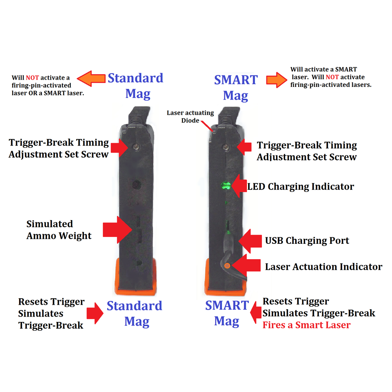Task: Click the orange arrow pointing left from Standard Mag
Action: (x=91, y=78)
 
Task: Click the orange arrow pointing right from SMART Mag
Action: (x=277, y=80)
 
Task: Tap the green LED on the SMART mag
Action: (x=226, y=186)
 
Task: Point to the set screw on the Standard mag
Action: (x=136, y=147)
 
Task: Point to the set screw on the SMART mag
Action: (x=226, y=147)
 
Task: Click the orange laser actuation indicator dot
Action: (x=227, y=266)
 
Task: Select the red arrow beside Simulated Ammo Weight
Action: (x=118, y=230)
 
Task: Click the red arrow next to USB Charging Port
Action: (x=250, y=241)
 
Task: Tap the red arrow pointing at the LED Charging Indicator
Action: (x=239, y=186)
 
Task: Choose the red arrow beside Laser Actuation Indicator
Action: (x=246, y=265)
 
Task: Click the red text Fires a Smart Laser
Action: (x=307, y=325)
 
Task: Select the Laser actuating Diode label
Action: (x=190, y=116)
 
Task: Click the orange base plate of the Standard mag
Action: (x=136, y=277)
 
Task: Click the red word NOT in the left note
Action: (x=32, y=78)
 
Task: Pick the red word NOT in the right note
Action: (x=332, y=77)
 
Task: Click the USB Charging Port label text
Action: (x=307, y=240)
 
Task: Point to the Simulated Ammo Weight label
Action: (x=59, y=230)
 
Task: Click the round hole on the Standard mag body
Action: (x=136, y=185)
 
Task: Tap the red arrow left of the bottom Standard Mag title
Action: (x=95, y=313)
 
